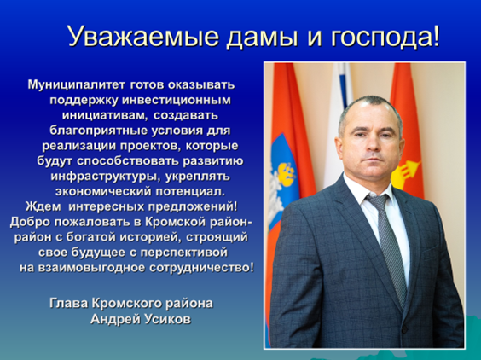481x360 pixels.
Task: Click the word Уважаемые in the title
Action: (143, 35)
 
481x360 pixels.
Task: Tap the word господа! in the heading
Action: (385, 36)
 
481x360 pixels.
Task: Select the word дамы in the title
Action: (262, 37)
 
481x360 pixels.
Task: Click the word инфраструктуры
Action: (105, 177)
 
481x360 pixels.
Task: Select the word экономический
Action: (103, 191)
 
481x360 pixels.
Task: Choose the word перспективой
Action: (184, 253)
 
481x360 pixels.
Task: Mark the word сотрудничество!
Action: (202, 268)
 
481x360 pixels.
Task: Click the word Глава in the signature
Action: (69, 303)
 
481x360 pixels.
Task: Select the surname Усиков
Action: (167, 319)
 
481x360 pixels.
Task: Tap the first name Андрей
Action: (115, 320)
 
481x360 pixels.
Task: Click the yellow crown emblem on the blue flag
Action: (286, 174)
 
